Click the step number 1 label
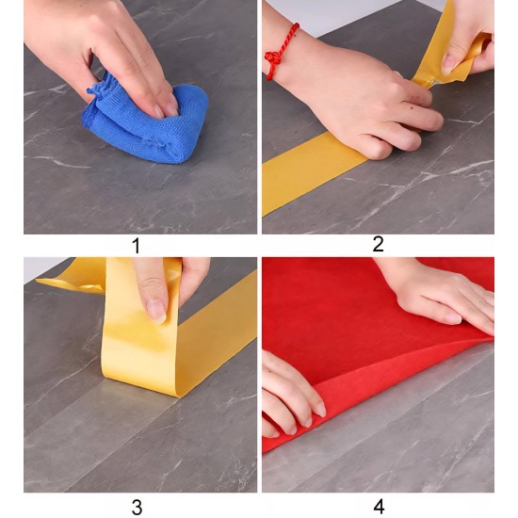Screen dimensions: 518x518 pos(137,246)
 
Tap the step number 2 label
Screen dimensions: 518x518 pos(378,245)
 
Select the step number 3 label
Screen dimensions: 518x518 pos(137,507)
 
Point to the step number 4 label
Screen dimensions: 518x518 pos(379,507)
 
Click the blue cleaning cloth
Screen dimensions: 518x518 pos(145,122)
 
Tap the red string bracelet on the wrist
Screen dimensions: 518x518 pos(281,50)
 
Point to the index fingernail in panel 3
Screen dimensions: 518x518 pos(156,311)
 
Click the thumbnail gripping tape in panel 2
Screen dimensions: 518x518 pos(448,63)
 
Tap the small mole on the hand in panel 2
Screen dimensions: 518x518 pos(413,108)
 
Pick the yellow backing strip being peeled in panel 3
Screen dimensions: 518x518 pos(142,331)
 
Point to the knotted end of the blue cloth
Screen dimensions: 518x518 pos(97,90)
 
